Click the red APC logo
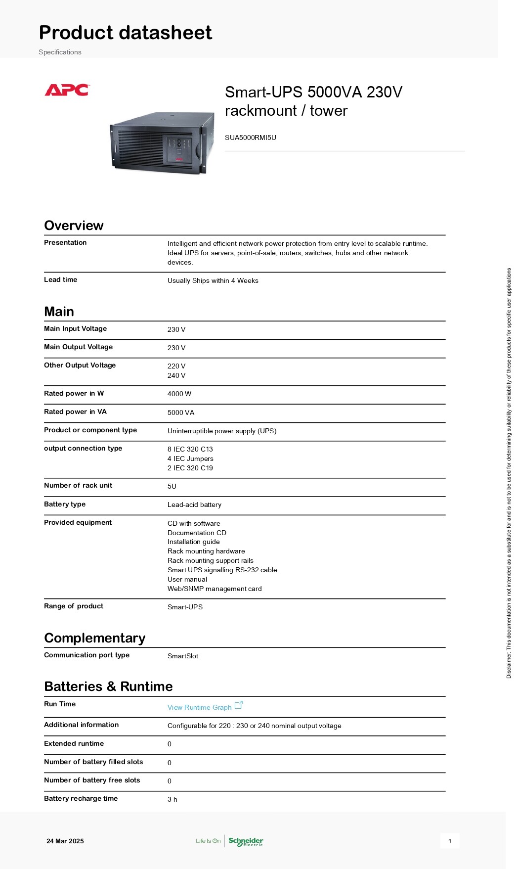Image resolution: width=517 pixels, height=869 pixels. (x=67, y=90)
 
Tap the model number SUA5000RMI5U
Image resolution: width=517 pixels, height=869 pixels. (x=250, y=137)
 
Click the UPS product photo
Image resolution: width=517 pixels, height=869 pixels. (x=162, y=142)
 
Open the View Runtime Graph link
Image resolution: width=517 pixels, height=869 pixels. (x=199, y=707)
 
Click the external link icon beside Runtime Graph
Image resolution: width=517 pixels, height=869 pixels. (x=239, y=705)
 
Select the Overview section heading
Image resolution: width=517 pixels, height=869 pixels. (x=74, y=226)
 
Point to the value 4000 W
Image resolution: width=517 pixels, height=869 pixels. (x=179, y=394)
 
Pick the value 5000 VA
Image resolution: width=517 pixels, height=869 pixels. (x=181, y=412)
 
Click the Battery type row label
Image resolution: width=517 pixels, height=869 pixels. (x=65, y=504)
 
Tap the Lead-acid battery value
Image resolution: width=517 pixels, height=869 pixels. (x=194, y=504)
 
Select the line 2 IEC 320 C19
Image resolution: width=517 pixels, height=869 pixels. (x=190, y=468)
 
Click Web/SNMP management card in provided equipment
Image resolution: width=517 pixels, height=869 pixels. (x=215, y=589)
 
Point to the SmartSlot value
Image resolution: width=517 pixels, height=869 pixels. (x=183, y=656)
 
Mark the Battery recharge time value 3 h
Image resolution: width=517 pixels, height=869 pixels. (x=172, y=799)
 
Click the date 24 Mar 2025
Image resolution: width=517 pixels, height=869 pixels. (x=65, y=841)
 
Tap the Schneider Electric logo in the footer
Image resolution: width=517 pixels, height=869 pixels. (x=246, y=841)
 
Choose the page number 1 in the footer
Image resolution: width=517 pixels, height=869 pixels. (x=450, y=841)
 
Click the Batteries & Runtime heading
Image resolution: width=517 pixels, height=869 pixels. (x=108, y=686)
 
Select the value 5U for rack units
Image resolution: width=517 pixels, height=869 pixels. (x=172, y=486)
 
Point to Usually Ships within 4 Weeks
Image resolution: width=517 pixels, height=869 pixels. (x=213, y=280)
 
